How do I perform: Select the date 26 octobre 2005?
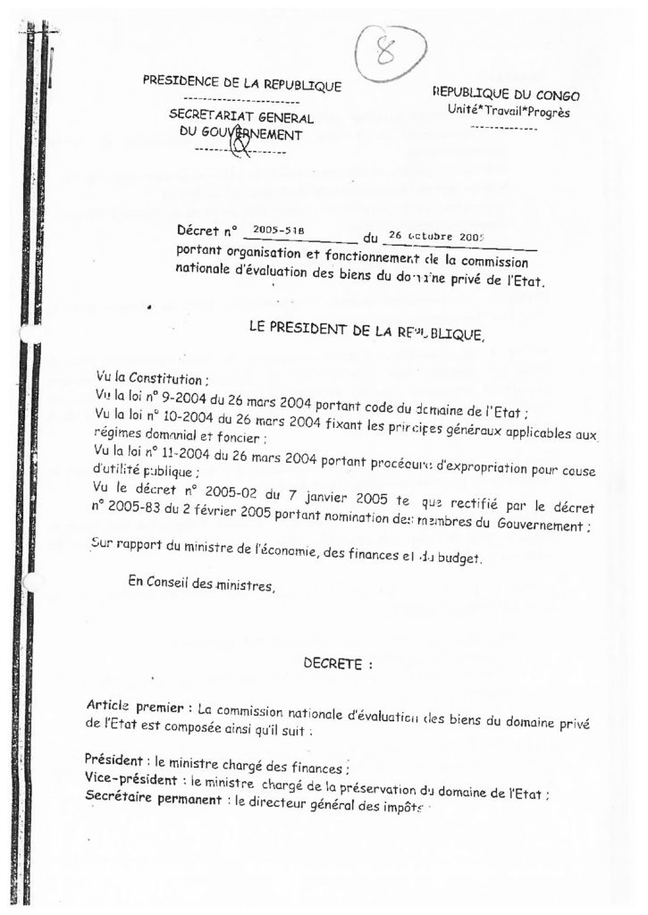click(435, 236)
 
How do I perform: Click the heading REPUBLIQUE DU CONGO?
click(506, 94)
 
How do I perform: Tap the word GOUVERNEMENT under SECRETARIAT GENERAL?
click(251, 135)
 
